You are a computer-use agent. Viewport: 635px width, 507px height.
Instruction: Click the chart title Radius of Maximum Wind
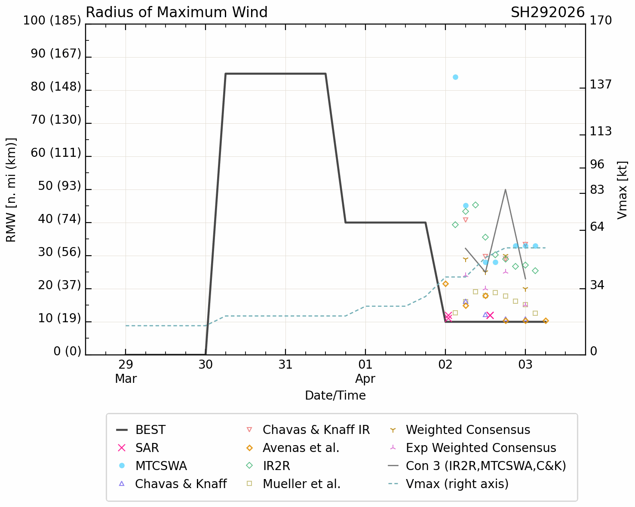(x=177, y=12)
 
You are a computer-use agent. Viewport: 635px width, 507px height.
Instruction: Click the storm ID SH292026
(x=547, y=12)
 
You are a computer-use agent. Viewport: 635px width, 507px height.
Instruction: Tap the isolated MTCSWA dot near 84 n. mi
(x=455, y=77)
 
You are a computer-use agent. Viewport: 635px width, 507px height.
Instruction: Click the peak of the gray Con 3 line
(x=505, y=189)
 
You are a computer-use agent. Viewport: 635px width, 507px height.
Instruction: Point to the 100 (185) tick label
(x=52, y=20)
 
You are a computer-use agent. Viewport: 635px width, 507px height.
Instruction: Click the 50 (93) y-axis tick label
(x=59, y=186)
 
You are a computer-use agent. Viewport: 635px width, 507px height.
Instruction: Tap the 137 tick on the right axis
(x=600, y=85)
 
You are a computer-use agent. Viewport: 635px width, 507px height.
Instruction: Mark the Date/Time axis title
(x=335, y=395)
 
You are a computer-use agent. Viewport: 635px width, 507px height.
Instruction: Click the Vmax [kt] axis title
(x=622, y=190)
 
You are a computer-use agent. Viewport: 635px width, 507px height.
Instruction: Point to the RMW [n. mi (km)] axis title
(x=11, y=190)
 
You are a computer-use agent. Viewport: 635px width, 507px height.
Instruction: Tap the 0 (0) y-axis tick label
(x=67, y=351)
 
